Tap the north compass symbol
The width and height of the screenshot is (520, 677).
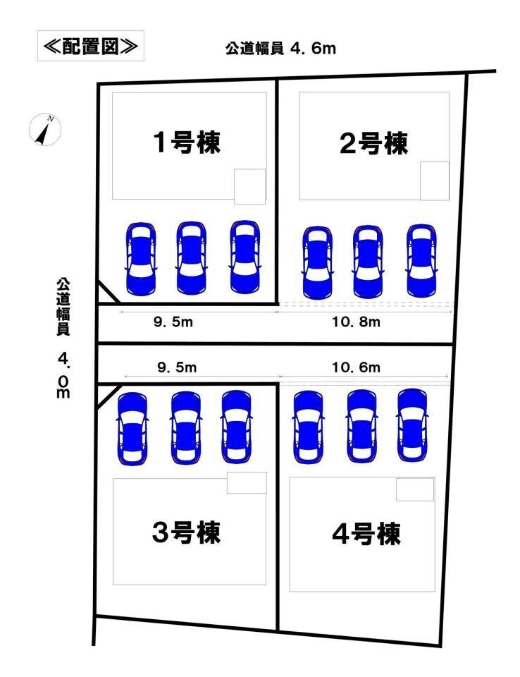(45, 130)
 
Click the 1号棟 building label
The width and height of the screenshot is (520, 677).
(187, 143)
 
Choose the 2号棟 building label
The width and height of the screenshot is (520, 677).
(373, 144)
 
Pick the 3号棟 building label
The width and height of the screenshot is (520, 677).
(187, 532)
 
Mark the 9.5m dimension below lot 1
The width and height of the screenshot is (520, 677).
(173, 322)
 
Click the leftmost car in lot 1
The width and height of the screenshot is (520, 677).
(141, 258)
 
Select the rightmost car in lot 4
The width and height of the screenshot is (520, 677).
(411, 425)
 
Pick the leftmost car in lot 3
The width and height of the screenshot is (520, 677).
(132, 428)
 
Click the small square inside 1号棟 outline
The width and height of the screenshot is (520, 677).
(249, 185)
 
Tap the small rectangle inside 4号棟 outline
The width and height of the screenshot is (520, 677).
(414, 489)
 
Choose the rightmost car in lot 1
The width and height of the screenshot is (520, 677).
(244, 257)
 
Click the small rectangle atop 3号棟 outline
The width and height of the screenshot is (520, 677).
(247, 482)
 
